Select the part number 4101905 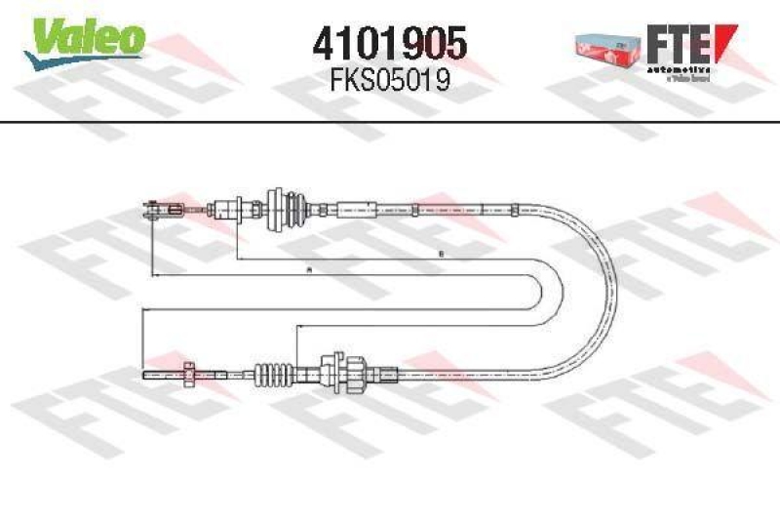coord(389,43)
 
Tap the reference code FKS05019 coord(389,80)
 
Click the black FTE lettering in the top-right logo coord(678,43)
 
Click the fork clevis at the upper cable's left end coord(158,208)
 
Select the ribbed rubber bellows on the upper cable coord(291,207)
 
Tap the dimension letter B coord(441,255)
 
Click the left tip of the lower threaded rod coord(144,373)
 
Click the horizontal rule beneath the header coord(390,121)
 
